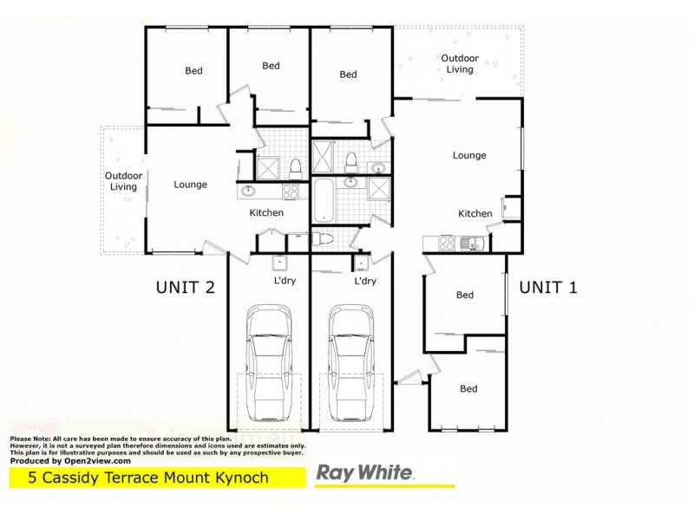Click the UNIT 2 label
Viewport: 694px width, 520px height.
185,288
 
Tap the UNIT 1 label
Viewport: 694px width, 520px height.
548,288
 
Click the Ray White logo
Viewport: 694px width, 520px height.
364,474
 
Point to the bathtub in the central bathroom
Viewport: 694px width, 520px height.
323,200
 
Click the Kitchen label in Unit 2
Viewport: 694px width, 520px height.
267,212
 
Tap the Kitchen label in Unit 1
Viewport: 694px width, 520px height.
475,213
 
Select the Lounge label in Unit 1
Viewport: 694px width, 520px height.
469,156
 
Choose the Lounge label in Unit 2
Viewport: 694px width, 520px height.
190,185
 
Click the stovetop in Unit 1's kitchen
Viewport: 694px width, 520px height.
448,244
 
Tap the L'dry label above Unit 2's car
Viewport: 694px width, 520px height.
284,282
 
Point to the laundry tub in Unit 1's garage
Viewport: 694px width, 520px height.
361,263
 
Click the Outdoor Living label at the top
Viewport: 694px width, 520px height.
459,64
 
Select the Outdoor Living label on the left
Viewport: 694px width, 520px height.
122,181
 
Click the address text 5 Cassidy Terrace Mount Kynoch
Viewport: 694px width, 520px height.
148,478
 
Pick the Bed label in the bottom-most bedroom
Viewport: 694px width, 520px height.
468,389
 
